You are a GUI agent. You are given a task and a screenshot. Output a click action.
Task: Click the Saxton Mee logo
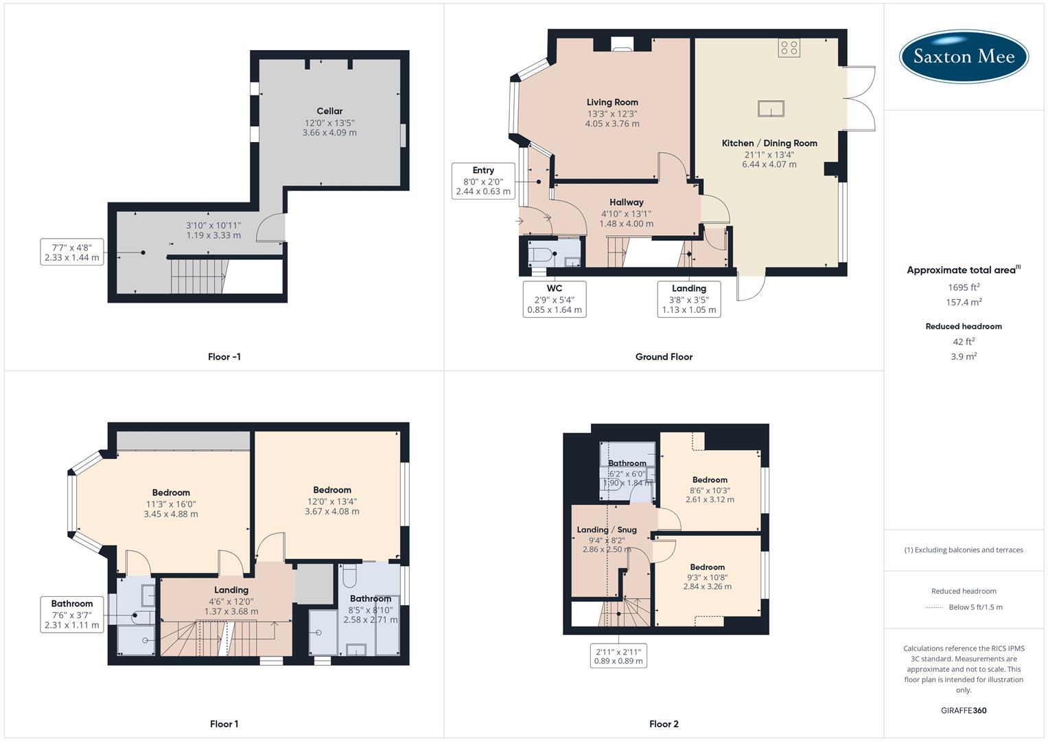tap(964, 56)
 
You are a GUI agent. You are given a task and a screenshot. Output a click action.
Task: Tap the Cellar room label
tap(329, 111)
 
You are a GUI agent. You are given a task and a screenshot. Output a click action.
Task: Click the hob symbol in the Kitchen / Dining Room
tap(789, 47)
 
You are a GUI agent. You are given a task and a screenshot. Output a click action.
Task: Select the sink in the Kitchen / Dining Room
tap(771, 108)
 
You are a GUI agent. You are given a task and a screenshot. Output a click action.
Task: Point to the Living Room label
tap(612, 102)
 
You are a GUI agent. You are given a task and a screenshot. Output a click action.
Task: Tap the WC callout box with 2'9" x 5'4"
tap(555, 299)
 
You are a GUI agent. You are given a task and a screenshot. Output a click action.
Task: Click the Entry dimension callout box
tap(483, 181)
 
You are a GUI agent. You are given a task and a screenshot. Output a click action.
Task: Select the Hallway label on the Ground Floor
tap(626, 202)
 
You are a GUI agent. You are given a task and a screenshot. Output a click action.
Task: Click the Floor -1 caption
tap(224, 357)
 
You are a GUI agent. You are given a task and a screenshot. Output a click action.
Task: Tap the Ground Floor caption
tap(664, 357)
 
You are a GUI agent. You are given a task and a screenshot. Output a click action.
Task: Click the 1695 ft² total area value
tap(964, 287)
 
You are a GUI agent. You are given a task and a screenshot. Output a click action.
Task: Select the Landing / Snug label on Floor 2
tap(607, 530)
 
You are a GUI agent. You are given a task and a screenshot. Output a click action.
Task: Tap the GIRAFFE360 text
tap(964, 710)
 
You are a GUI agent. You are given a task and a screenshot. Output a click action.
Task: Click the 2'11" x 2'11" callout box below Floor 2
tap(618, 656)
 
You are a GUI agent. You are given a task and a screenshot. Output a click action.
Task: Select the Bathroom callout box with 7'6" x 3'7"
tap(72, 614)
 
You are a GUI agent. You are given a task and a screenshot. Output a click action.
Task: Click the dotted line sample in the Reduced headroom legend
tap(934, 607)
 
